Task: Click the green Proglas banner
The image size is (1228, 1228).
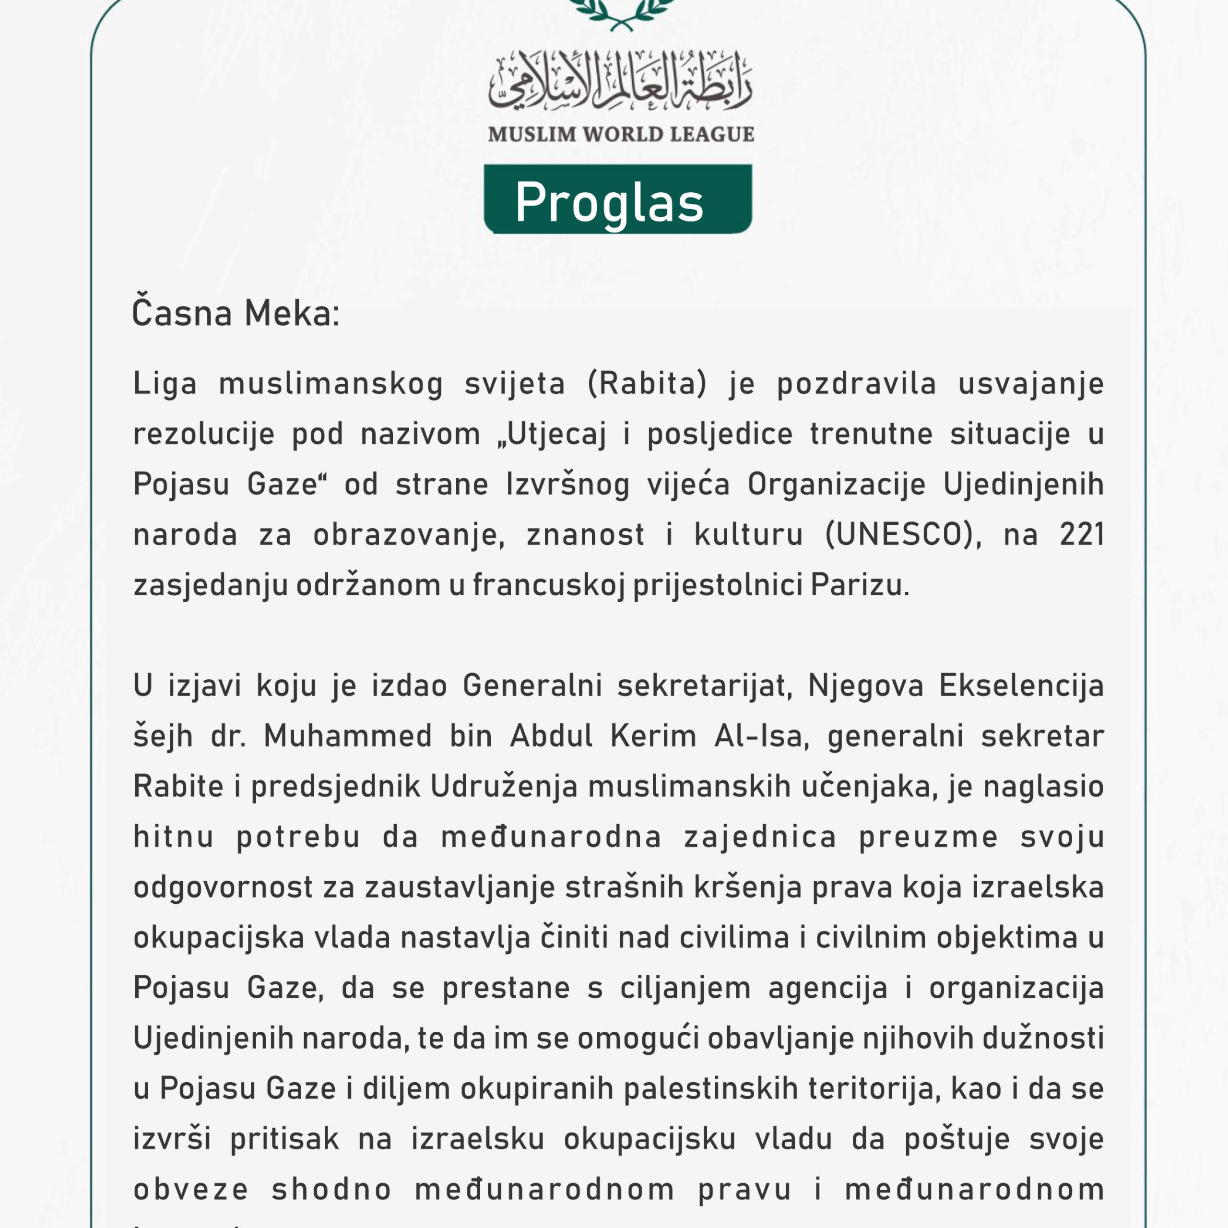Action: [x=617, y=200]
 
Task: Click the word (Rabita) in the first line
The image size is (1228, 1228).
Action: [x=647, y=384]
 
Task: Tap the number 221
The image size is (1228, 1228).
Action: [x=1081, y=534]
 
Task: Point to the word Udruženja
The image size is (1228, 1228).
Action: [x=504, y=787]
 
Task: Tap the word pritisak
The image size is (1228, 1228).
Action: [x=285, y=1138]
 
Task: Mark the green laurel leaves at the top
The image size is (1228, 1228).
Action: [x=620, y=14]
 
